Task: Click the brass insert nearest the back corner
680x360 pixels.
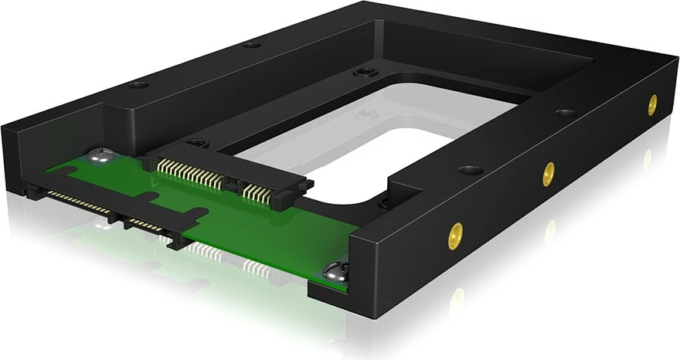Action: point(651,104)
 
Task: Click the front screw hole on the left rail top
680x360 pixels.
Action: point(137,84)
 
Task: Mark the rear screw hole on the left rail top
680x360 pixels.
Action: point(251,44)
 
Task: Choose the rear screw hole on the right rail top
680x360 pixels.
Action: point(566,113)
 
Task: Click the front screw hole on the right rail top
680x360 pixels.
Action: point(468,169)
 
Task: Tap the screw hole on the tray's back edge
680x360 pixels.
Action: point(361,73)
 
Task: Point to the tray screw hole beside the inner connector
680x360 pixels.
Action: point(197,142)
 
